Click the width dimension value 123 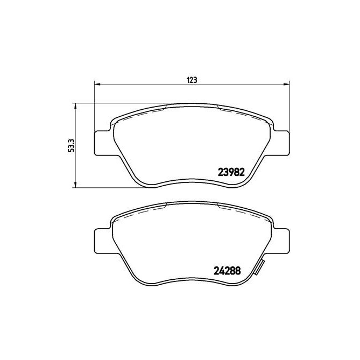[x=192, y=80]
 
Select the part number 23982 [x=231, y=173]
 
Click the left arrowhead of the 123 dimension [x=97, y=83]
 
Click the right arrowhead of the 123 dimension [x=286, y=83]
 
